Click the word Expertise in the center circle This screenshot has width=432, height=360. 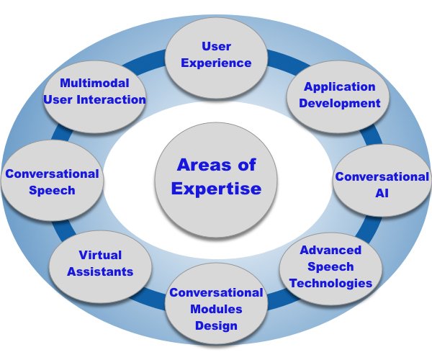click(207, 190)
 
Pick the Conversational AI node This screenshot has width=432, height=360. click(381, 185)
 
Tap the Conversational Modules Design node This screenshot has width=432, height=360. click(215, 309)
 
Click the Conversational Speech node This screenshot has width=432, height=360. click(52, 181)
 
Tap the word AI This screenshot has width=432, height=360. click(382, 194)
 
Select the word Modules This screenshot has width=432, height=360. click(215, 309)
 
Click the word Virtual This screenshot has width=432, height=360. click(101, 255)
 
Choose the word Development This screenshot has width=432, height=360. click(341, 103)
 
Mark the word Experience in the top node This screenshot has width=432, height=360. click(216, 63)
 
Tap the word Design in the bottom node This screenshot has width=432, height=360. click(216, 325)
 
